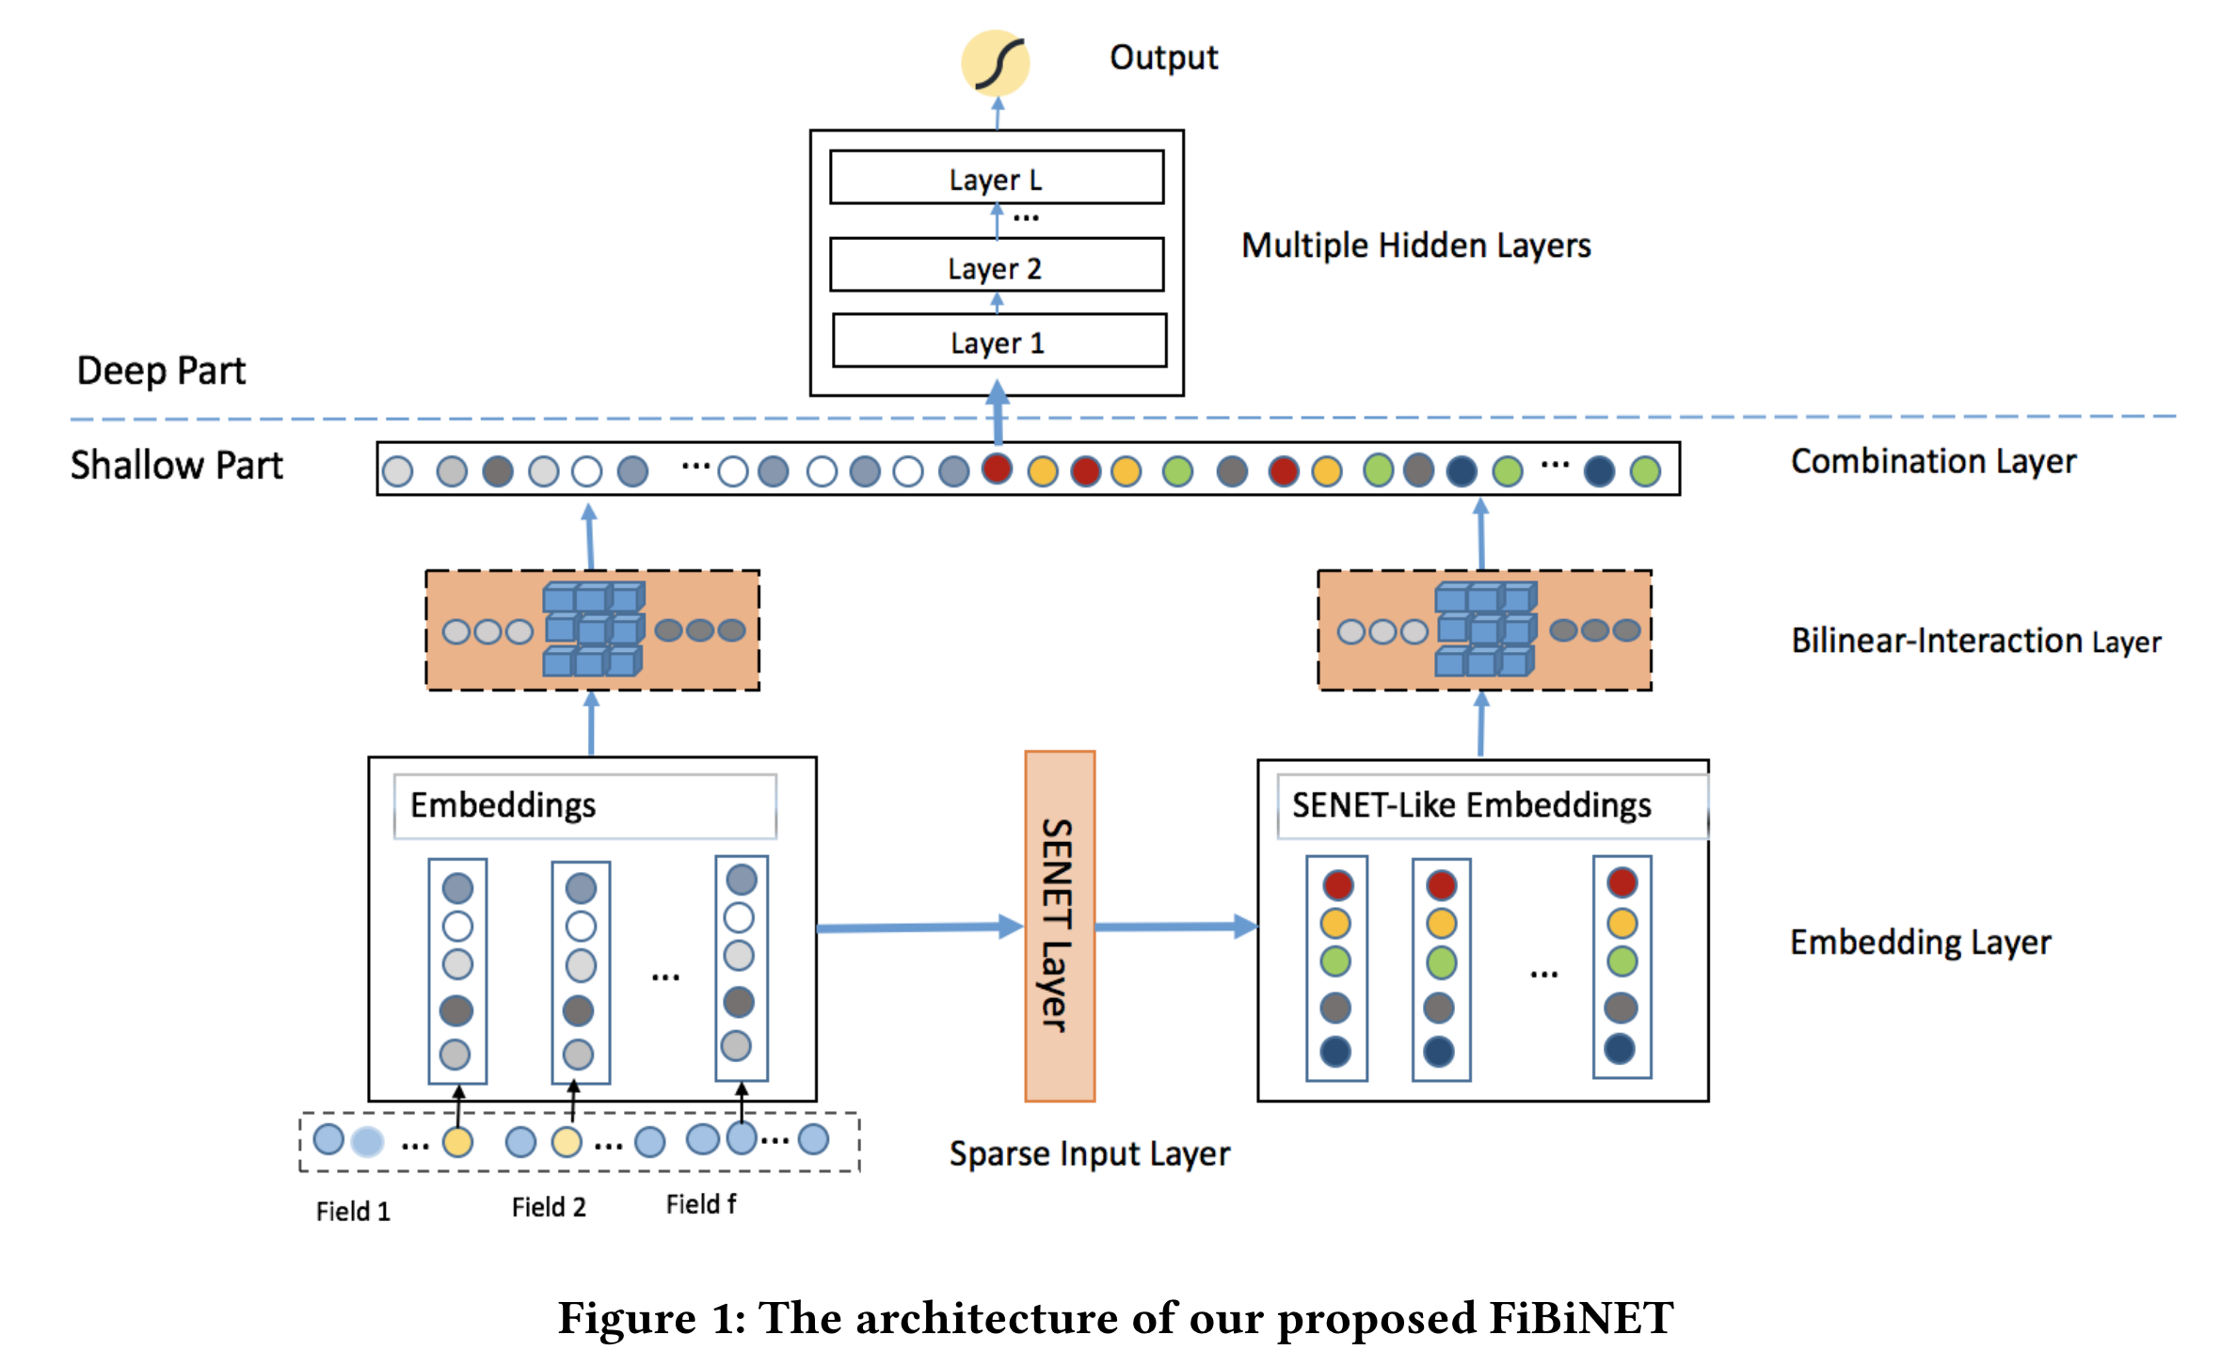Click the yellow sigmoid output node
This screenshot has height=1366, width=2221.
[x=995, y=63]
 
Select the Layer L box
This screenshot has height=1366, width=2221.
[x=996, y=178]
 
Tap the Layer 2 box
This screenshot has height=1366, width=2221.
[x=996, y=265]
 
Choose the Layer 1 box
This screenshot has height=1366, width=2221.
[x=999, y=341]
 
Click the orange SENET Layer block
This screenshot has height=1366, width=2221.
[x=1060, y=926]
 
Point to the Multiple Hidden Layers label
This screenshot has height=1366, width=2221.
[x=1415, y=246]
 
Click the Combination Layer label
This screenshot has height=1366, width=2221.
[x=1933, y=461]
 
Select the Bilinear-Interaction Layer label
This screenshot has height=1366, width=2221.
[x=1975, y=641]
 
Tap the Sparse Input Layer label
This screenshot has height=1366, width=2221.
[x=1089, y=1153]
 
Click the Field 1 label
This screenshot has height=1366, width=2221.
[x=353, y=1211]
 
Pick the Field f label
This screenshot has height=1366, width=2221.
[x=701, y=1204]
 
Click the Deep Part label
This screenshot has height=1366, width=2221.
[x=161, y=371]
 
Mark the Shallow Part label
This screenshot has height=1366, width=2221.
[x=176, y=465]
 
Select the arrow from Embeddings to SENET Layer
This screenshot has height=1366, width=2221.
[x=919, y=928]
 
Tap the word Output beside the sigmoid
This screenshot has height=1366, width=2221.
[x=1163, y=57]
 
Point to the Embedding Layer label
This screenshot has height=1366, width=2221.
[x=1920, y=942]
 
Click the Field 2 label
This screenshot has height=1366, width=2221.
[x=549, y=1207]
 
